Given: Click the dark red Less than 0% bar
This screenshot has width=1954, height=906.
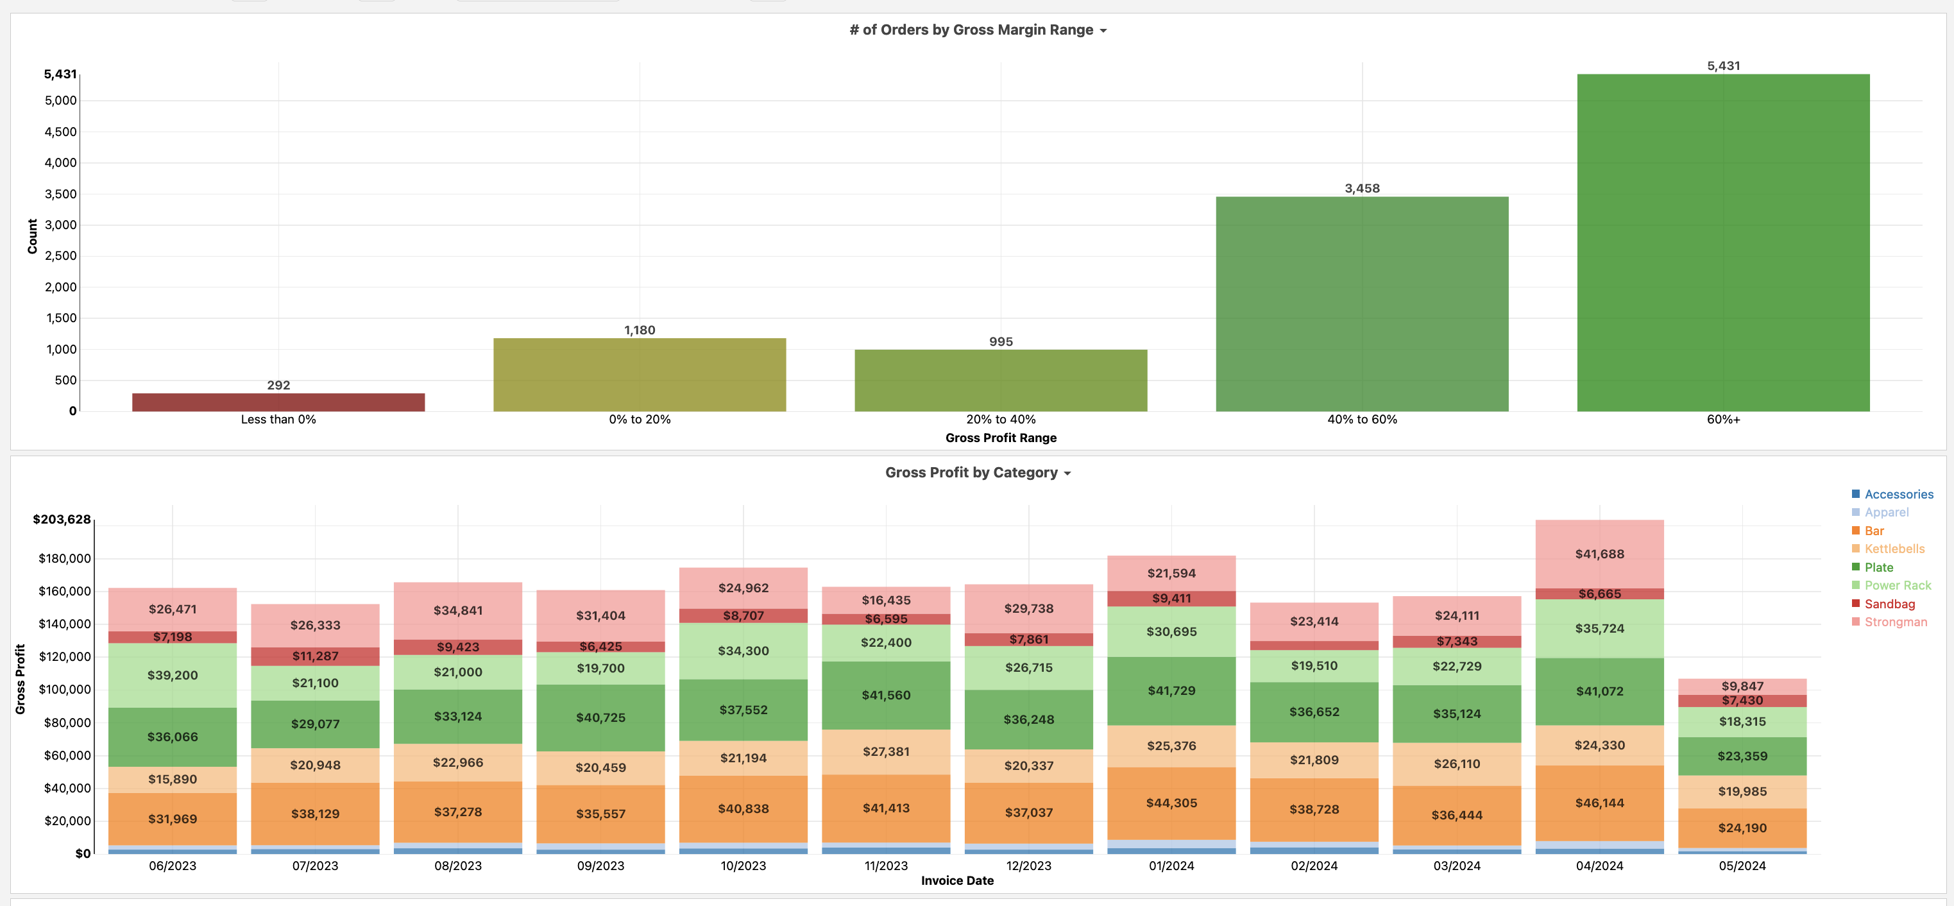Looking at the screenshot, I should pyautogui.click(x=278, y=402).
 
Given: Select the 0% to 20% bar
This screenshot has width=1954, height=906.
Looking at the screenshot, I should pyautogui.click(x=640, y=375).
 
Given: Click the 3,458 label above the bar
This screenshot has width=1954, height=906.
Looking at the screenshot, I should pyautogui.click(x=1362, y=188).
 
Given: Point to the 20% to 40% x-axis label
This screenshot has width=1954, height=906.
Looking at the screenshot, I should pyautogui.click(x=1001, y=420).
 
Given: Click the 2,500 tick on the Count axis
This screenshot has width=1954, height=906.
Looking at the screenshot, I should pyautogui.click(x=61, y=256).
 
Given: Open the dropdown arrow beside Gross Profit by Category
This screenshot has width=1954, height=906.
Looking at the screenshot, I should pyautogui.click(x=1067, y=474).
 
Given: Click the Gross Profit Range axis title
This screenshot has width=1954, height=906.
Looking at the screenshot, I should pyautogui.click(x=1001, y=438).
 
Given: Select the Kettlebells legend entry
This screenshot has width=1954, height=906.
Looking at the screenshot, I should pyautogui.click(x=1894, y=549).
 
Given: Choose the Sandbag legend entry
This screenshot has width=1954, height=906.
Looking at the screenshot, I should pyautogui.click(x=1889, y=604).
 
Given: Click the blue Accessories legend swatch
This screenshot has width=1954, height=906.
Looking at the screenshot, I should pyautogui.click(x=1855, y=494).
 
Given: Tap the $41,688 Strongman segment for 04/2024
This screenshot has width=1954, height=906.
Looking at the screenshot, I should pyautogui.click(x=1599, y=554).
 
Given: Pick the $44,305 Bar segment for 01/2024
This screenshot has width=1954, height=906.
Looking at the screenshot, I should pyautogui.click(x=1171, y=803).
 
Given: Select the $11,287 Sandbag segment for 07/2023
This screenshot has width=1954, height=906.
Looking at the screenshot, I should pyautogui.click(x=315, y=656).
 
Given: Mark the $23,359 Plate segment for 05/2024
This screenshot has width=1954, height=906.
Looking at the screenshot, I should pyautogui.click(x=1742, y=756).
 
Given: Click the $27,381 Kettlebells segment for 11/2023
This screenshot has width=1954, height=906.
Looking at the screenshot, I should pyautogui.click(x=885, y=751).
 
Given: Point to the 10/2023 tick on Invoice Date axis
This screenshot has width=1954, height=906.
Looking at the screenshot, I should pyautogui.click(x=743, y=866).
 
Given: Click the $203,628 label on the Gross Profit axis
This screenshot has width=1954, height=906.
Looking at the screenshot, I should pyautogui.click(x=62, y=520).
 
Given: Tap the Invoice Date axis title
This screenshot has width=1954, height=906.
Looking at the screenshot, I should pyautogui.click(x=956, y=881).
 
